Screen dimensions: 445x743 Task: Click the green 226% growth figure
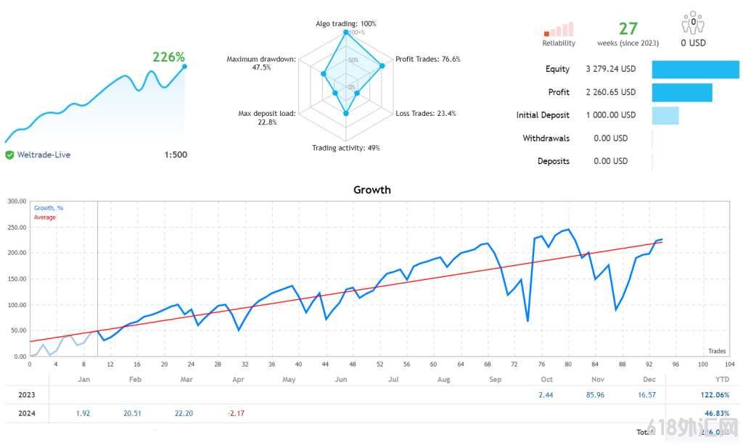pos(168,57)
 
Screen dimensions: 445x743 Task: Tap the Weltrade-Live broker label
pos(44,154)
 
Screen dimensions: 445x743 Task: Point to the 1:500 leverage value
pos(175,154)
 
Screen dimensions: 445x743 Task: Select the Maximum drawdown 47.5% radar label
pos(261,63)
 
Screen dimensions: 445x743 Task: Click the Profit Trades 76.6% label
pos(427,59)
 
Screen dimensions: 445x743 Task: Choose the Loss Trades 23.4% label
pos(426,113)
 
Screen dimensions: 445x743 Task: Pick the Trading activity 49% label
pos(345,148)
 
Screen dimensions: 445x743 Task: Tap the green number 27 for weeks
pos(628,28)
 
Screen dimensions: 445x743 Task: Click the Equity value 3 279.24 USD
pos(610,69)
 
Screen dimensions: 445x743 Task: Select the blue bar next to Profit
pos(681,92)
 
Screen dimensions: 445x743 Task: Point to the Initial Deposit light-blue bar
pos(665,115)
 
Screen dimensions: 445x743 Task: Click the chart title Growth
pos(371,190)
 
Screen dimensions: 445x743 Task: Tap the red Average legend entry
pos(45,217)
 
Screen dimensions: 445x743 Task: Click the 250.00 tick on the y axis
pos(16,227)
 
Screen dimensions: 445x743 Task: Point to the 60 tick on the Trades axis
pos(432,364)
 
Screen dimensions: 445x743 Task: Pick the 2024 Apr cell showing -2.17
pos(237,413)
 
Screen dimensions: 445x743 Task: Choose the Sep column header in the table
pos(495,379)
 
